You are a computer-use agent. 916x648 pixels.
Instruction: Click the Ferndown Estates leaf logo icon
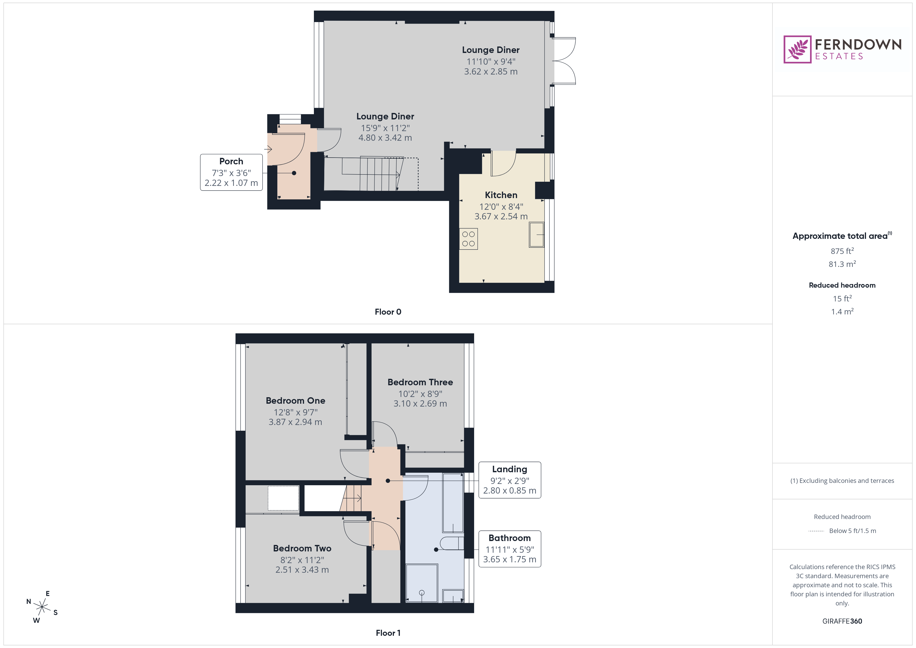tap(797, 50)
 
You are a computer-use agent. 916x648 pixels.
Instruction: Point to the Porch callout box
tap(231, 172)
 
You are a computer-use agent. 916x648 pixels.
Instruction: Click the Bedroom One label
tap(295, 401)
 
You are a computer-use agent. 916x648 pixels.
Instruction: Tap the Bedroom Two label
tap(302, 548)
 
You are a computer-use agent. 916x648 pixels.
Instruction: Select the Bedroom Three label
tap(420, 382)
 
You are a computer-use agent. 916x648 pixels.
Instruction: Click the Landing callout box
tap(509, 480)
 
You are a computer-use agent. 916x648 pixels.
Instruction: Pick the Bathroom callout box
tap(509, 549)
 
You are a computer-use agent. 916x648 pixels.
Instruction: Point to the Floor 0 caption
tap(388, 312)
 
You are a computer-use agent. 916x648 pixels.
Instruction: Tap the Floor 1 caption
tap(388, 633)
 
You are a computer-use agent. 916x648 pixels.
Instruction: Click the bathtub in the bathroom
tap(453, 503)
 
